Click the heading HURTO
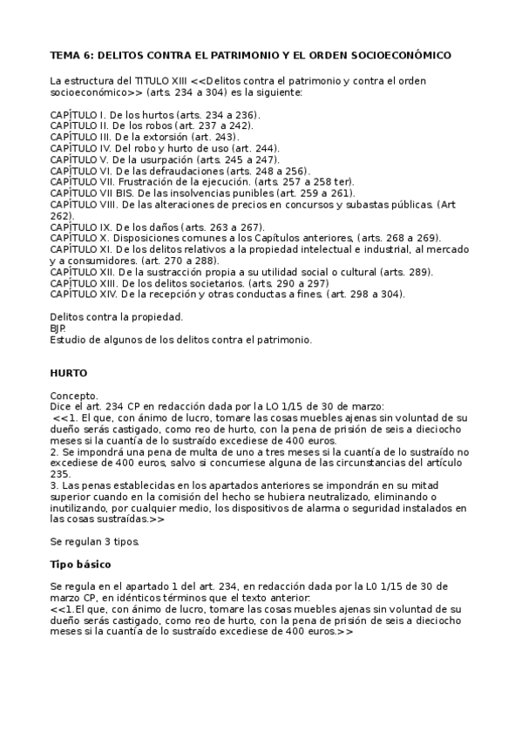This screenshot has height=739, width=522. (x=68, y=372)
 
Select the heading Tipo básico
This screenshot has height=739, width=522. (x=86, y=564)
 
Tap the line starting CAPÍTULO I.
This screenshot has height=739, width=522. (x=155, y=114)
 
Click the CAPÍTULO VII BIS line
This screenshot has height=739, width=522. (x=202, y=193)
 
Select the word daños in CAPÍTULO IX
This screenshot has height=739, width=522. (x=174, y=227)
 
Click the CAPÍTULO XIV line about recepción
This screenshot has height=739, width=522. (x=227, y=295)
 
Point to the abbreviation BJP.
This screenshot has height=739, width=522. (x=58, y=328)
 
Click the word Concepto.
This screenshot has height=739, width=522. (x=74, y=395)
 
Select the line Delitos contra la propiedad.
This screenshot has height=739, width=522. (x=116, y=316)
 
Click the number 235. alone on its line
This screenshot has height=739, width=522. (x=61, y=473)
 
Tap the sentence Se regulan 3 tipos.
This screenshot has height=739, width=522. (x=95, y=541)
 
